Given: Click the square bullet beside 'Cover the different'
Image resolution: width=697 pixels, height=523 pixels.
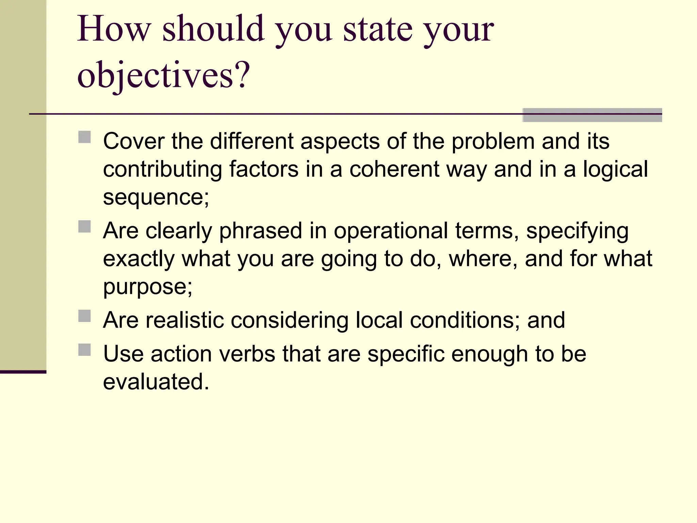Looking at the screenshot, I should click(x=84, y=137).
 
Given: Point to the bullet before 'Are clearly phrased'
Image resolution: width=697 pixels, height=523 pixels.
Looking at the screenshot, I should click(x=84, y=226).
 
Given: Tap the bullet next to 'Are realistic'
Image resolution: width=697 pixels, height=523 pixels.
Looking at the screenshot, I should click(x=84, y=316).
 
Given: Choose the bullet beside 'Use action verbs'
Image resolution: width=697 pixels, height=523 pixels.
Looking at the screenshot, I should click(x=84, y=350).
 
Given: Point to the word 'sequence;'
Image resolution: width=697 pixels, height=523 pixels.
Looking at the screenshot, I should click(x=156, y=197).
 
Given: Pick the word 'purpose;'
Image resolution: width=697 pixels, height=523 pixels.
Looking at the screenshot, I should click(x=148, y=287).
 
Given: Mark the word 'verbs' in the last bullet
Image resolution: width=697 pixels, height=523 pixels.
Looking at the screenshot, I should click(x=247, y=354).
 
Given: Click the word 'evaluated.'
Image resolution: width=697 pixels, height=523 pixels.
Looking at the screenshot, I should click(x=156, y=382).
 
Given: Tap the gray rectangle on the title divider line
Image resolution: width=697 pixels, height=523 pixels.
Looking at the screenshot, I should click(x=592, y=115).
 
